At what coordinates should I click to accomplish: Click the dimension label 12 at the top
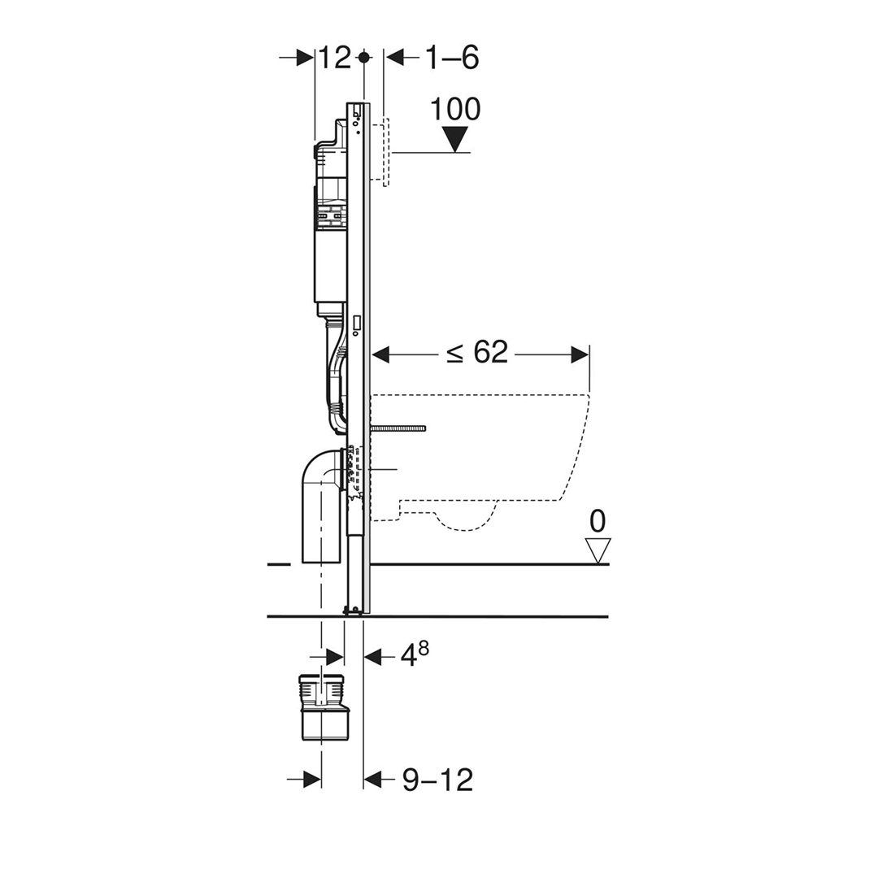point(333,58)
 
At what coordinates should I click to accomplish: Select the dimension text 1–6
point(452,58)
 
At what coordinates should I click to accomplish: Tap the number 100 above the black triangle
point(455,109)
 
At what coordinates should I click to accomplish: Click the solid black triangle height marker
point(455,137)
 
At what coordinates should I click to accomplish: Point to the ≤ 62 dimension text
point(478,353)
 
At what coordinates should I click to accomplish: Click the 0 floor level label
point(598,521)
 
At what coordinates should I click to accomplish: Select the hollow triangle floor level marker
point(598,550)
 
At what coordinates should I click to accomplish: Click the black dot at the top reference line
point(364,57)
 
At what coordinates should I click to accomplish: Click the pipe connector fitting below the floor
point(324,707)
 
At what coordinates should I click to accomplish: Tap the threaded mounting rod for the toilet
point(398,428)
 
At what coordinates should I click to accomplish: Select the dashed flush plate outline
point(386,152)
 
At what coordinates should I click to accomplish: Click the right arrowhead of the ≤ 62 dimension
point(580,354)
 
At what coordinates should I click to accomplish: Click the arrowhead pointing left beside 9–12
point(373,780)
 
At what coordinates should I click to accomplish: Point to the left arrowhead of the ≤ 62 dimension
point(380,354)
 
